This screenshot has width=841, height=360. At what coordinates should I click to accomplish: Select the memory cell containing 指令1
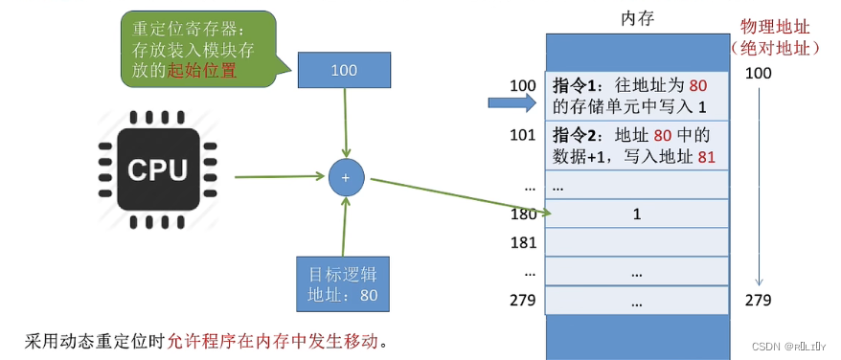tap(636, 96)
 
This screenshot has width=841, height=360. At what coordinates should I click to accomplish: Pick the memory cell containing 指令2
tap(636, 145)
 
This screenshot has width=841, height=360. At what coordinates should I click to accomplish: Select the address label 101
tap(522, 134)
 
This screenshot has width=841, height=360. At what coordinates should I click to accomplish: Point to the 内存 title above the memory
tap(636, 18)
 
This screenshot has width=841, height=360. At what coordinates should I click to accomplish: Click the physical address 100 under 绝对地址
tap(758, 74)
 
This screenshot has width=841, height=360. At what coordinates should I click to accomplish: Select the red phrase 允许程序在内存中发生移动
tap(279, 341)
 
